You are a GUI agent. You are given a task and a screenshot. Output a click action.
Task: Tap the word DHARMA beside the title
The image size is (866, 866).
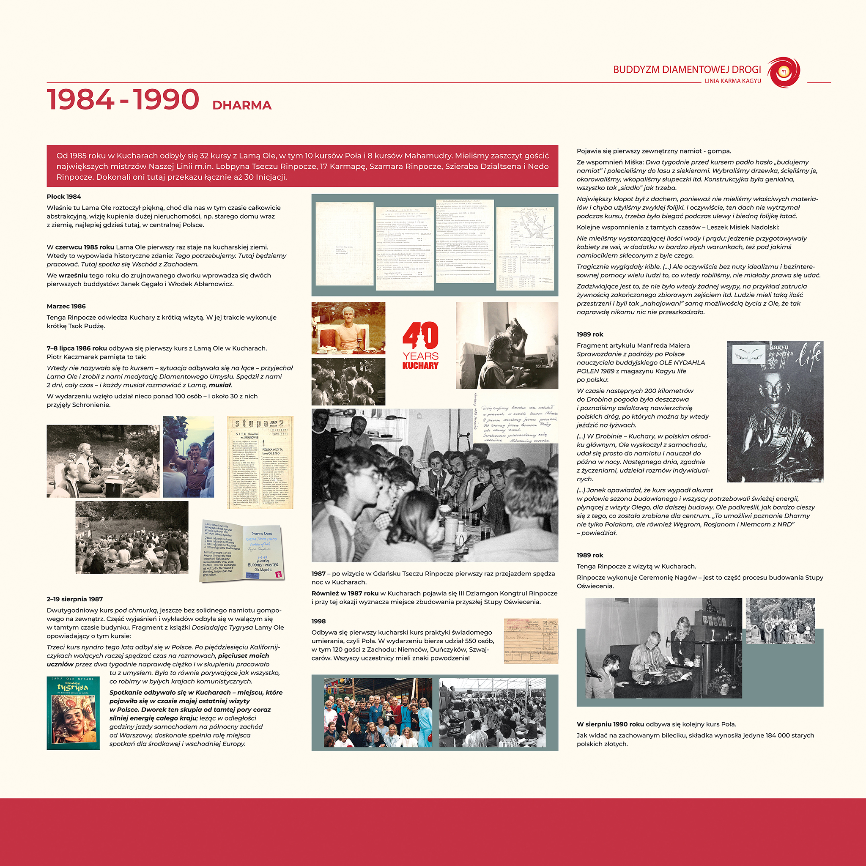[x=241, y=105]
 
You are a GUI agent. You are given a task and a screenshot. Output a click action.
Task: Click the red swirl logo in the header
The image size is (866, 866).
[x=784, y=72]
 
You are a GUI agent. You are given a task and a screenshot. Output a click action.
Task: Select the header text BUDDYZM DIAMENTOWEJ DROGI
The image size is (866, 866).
[x=687, y=69]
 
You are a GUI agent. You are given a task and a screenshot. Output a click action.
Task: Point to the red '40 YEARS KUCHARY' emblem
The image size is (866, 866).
[x=420, y=345]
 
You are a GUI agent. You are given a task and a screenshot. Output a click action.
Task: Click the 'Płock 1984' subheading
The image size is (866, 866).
[x=64, y=197]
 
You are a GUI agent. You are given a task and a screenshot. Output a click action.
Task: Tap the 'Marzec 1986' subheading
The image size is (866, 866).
[x=66, y=306]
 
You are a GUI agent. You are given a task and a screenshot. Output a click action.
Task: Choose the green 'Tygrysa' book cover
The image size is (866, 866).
[x=73, y=713]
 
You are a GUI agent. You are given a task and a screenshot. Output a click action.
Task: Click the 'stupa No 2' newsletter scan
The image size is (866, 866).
[x=260, y=462]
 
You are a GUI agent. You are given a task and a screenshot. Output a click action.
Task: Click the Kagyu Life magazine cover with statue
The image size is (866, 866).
[x=775, y=411]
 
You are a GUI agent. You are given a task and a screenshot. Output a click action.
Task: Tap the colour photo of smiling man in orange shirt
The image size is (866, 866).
[x=348, y=328]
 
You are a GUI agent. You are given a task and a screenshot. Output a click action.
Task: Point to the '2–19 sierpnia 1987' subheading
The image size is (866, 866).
[x=74, y=599]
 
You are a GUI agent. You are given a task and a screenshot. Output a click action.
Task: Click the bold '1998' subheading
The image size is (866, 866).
[x=318, y=621]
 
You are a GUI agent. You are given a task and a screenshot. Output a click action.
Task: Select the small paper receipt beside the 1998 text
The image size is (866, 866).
[x=531, y=641]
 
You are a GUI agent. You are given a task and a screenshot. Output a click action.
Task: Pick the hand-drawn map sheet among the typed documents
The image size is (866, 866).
[x=525, y=248]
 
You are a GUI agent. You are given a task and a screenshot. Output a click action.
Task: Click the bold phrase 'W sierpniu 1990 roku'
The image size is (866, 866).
[x=610, y=724]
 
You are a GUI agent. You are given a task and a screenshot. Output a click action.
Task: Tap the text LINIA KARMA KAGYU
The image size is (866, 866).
[x=732, y=81]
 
